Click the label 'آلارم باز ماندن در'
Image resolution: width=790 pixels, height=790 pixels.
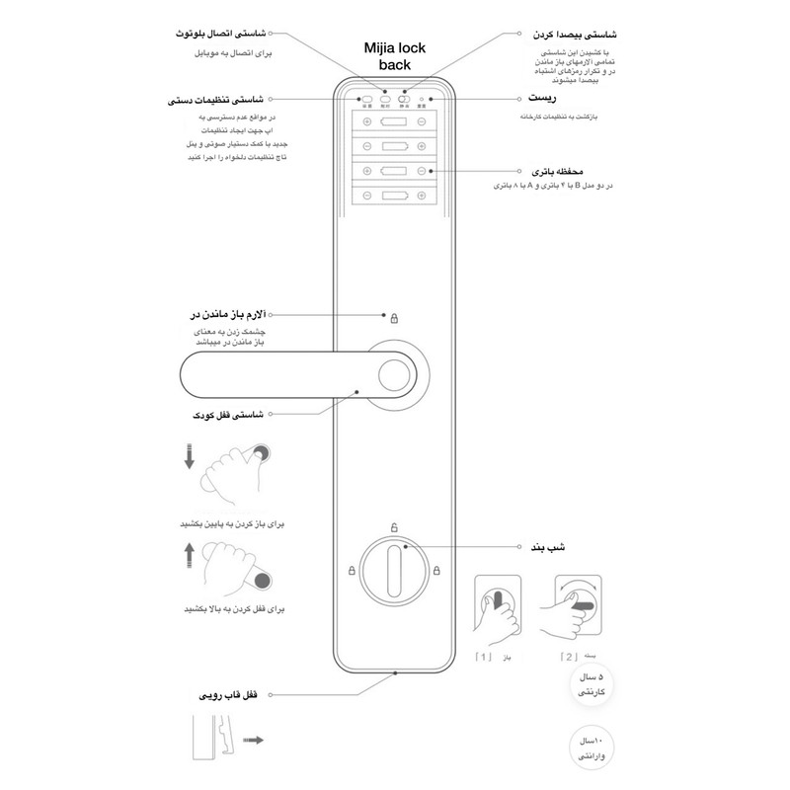[231, 316]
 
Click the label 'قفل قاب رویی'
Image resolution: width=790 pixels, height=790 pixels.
[230, 696]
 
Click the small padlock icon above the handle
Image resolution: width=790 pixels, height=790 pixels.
[393, 318]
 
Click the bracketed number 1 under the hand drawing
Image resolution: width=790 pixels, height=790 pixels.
[484, 655]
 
